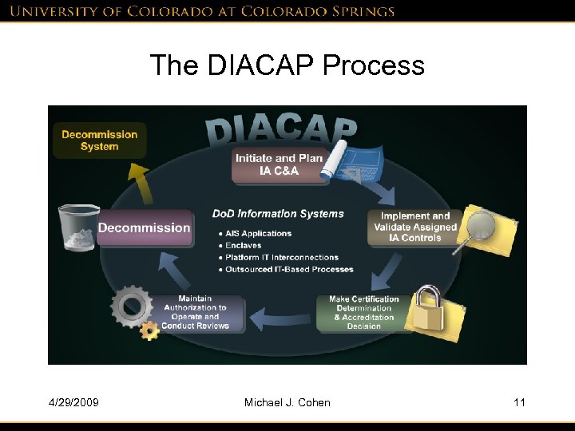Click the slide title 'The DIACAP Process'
(287, 65)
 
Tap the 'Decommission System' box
(100, 140)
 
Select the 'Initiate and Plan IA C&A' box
(279, 164)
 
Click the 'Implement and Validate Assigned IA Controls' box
(414, 227)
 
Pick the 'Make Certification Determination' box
(364, 312)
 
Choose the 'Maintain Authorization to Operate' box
(196, 313)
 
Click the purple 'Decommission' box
(145, 228)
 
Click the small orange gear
(149, 330)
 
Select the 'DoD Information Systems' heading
(278, 214)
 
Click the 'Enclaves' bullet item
(243, 246)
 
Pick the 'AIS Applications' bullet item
(258, 234)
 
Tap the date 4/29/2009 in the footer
(73, 402)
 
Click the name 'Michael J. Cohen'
(287, 402)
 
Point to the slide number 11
(519, 402)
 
